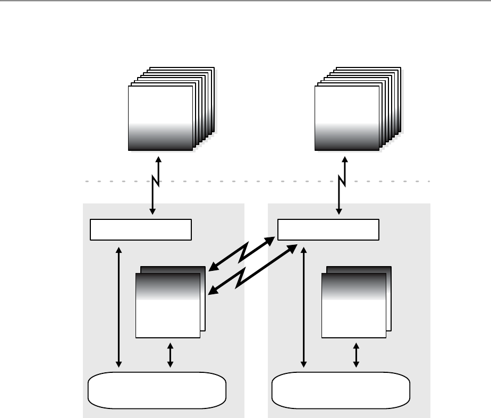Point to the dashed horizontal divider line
pyautogui.click(x=255, y=181)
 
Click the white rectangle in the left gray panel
pyautogui.click(x=140, y=229)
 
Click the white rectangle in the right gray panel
pyautogui.click(x=328, y=229)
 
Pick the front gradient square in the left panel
pyautogui.click(x=168, y=305)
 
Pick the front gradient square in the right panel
pyautogui.click(x=353, y=305)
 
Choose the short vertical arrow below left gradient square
pyautogui.click(x=170, y=355)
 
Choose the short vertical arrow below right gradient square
pyautogui.click(x=356, y=355)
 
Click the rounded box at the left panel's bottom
pyautogui.click(x=157, y=390)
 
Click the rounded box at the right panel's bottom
pyautogui.click(x=341, y=390)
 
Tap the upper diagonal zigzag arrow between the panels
pyautogui.click(x=242, y=254)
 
